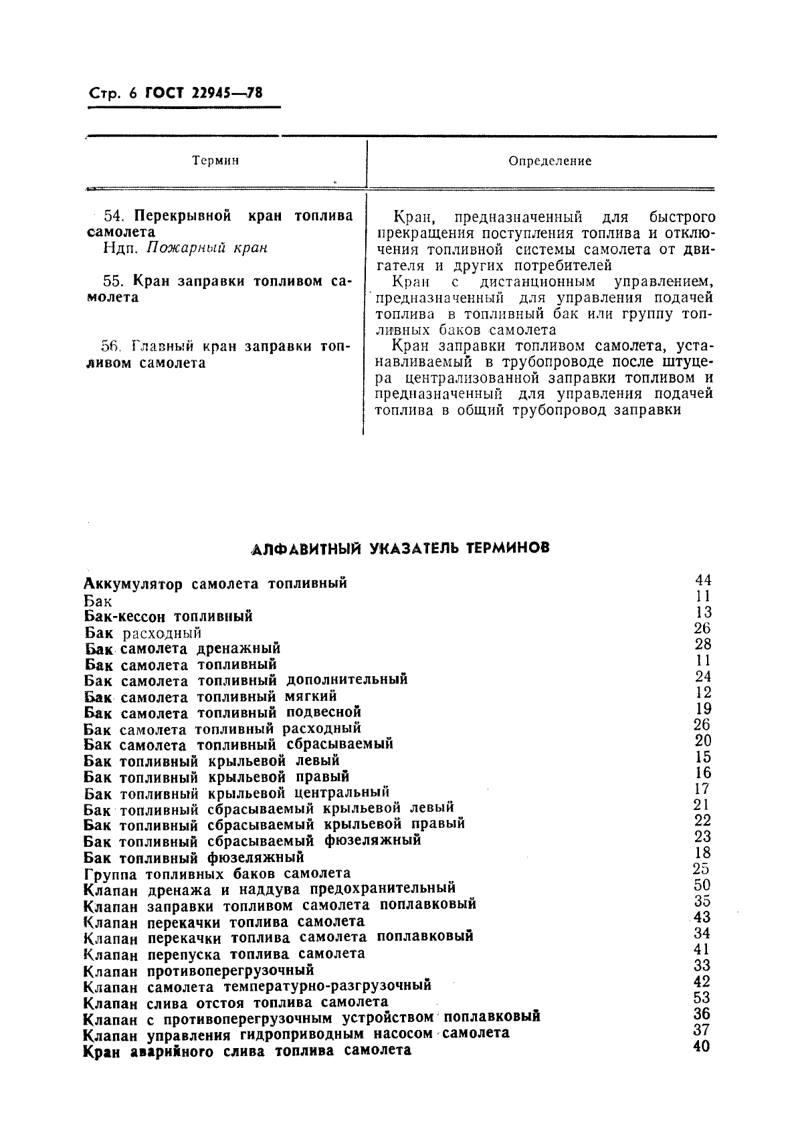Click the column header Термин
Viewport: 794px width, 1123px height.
(215, 161)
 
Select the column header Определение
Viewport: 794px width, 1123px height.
(550, 161)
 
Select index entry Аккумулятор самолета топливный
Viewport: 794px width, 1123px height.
(216, 583)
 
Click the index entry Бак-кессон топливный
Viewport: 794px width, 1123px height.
(169, 616)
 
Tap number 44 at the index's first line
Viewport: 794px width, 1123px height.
(703, 580)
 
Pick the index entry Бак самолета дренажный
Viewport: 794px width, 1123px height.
(183, 648)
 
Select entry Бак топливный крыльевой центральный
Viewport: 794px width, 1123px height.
(237, 793)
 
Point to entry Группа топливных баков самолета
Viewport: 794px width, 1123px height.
(217, 874)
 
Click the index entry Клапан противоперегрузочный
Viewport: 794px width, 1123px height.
(199, 971)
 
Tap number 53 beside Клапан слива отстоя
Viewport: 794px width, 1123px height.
(702, 998)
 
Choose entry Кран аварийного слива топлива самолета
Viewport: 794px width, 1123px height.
(247, 1051)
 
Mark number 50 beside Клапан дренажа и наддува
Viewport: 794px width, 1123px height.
(702, 885)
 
